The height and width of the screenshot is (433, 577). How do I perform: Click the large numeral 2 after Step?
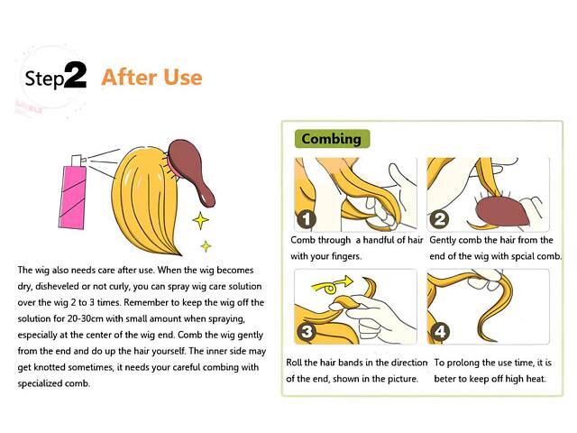click(x=76, y=75)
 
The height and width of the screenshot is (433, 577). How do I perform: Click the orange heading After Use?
click(x=151, y=78)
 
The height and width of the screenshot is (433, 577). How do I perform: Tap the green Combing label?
click(x=332, y=139)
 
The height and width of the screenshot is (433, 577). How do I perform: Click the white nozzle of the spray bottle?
click(x=78, y=161)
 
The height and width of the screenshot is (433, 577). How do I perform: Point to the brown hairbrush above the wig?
click(x=190, y=170)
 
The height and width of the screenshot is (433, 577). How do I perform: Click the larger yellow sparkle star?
click(x=200, y=220)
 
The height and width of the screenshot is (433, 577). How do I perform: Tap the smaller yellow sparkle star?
click(x=206, y=246)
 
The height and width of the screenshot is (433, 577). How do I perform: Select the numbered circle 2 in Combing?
click(x=439, y=220)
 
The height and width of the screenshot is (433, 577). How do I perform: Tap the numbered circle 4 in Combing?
click(x=440, y=332)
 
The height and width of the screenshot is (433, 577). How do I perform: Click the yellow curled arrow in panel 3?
click(x=331, y=285)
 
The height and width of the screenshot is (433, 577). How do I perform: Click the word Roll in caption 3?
click(x=294, y=363)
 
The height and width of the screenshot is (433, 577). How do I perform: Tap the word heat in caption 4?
click(x=536, y=379)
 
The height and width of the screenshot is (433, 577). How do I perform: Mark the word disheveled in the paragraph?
click(x=57, y=286)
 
